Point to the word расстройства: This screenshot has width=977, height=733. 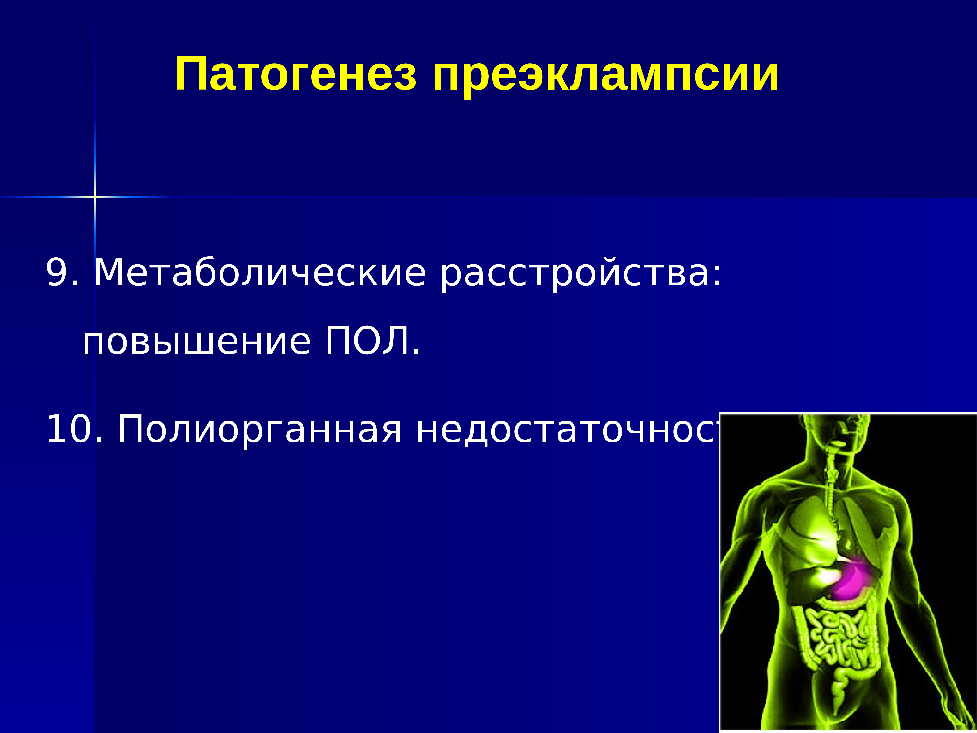click(579, 273)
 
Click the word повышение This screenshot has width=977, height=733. click(197, 342)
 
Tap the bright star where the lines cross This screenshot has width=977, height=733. click(94, 197)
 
